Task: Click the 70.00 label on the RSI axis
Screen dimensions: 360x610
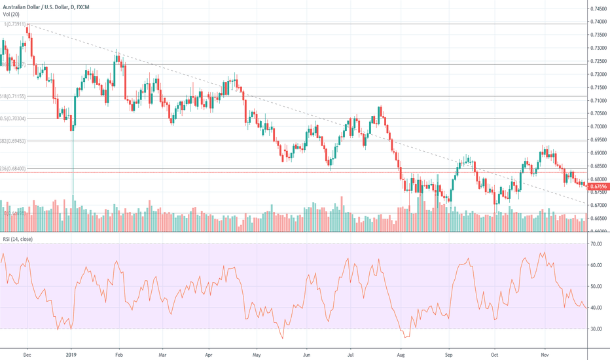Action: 596,244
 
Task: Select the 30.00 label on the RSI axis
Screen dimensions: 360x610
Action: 596,329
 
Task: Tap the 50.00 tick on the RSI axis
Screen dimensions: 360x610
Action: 596,287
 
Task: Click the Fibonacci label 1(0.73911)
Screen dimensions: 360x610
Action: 14,24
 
